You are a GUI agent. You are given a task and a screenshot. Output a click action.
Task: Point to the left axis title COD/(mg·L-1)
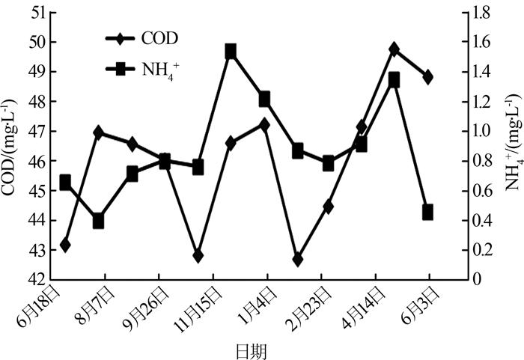click(10, 147)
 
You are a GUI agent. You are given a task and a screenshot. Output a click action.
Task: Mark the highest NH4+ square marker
click(231, 52)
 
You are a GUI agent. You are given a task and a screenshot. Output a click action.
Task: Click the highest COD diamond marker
click(394, 49)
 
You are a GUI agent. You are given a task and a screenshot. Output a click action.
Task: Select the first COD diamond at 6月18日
click(65, 245)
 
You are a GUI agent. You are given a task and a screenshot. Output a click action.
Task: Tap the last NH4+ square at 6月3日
click(428, 213)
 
